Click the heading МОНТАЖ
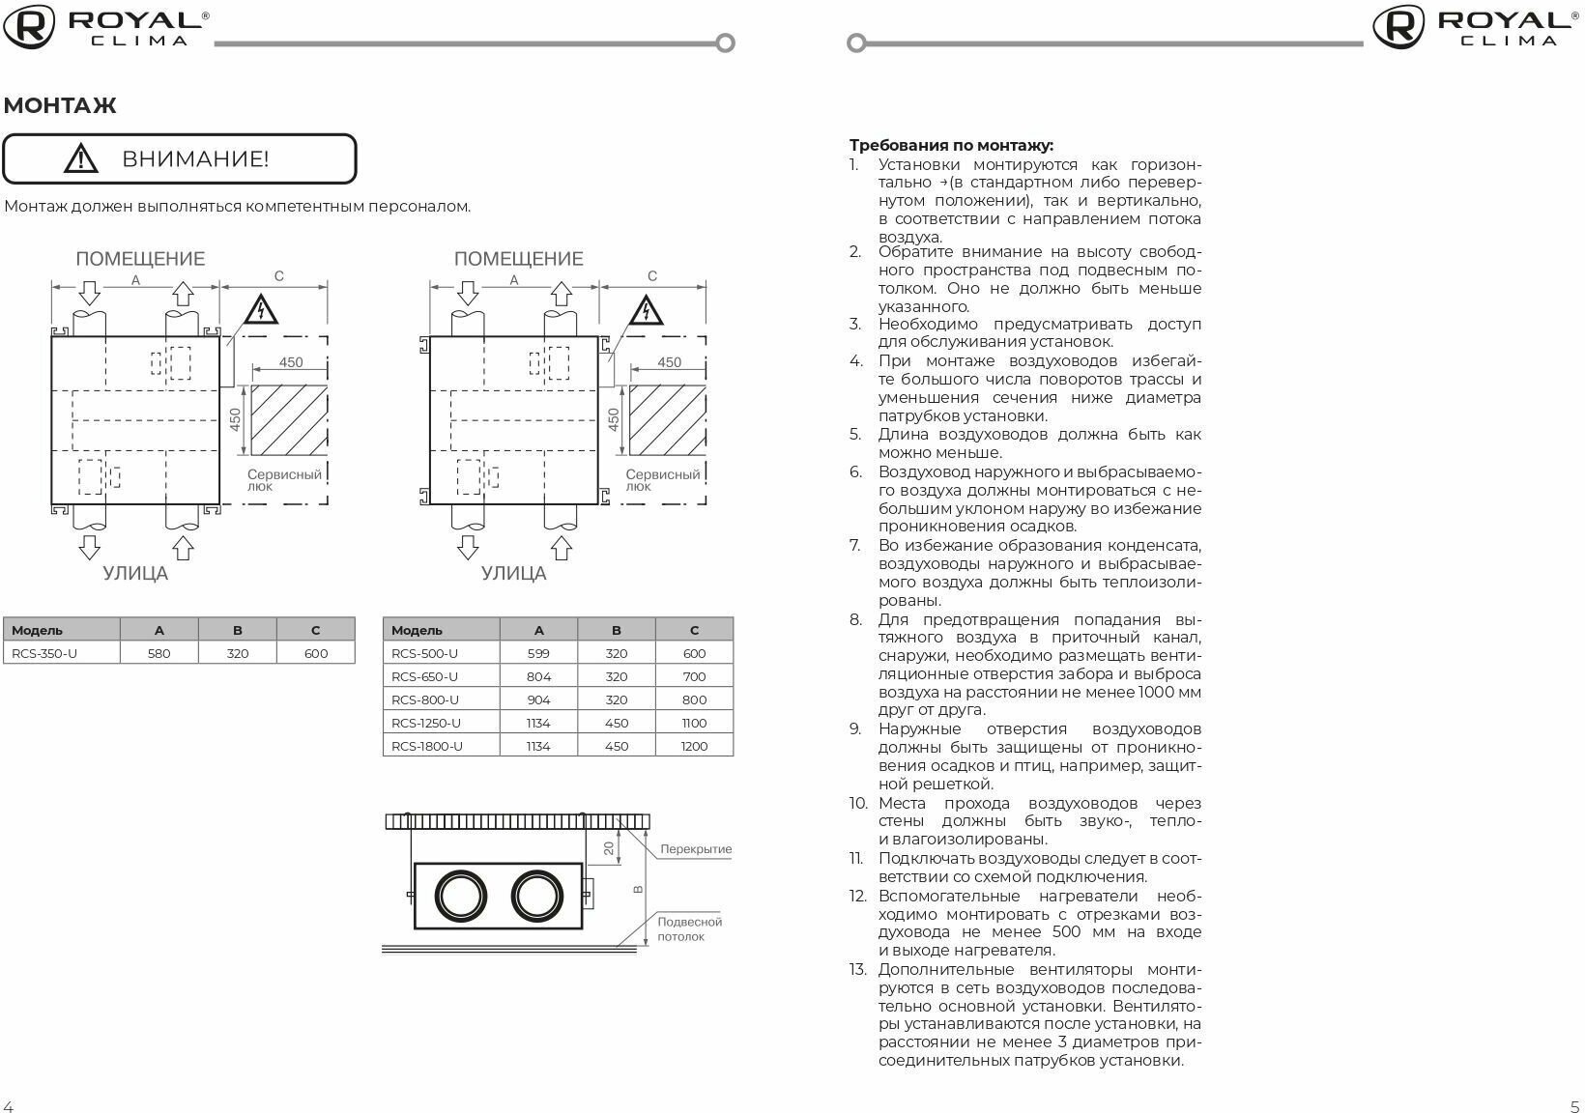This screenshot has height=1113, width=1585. point(60,105)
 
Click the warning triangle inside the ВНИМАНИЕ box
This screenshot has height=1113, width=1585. point(81,157)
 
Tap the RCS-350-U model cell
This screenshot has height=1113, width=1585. point(44,653)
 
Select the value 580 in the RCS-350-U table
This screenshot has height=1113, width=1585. point(158,653)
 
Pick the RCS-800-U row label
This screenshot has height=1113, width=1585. point(425,699)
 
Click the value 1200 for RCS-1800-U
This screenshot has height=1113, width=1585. point(694,746)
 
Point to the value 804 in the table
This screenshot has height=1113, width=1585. point(538,676)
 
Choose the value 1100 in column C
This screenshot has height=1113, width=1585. point(694,723)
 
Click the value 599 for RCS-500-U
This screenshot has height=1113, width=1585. point(538,653)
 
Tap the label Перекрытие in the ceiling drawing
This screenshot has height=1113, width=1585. point(696,849)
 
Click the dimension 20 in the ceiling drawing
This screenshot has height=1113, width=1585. point(608,847)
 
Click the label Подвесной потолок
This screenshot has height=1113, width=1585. point(689,928)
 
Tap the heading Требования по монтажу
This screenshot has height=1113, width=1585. point(951,146)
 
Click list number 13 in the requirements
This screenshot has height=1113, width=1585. point(858,969)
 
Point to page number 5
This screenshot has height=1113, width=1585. point(1574,1106)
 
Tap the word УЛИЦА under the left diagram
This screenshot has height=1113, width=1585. point(135,573)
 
